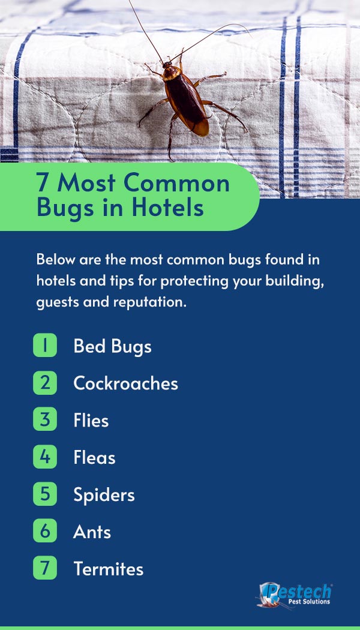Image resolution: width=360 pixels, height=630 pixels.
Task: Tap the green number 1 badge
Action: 45,346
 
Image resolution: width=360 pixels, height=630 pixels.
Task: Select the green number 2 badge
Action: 45,383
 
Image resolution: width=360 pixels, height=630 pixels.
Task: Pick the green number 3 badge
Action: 45,419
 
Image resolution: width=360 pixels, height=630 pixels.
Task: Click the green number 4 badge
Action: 45,457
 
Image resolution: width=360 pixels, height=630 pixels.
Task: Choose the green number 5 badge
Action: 45,493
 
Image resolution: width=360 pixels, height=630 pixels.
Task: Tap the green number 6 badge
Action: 45,530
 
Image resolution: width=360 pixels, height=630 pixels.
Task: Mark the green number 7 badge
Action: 45,568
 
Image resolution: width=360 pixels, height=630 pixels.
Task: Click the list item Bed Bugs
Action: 113,347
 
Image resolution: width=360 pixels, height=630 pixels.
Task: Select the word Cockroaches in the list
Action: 126,383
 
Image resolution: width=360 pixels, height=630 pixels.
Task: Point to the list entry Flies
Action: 91,421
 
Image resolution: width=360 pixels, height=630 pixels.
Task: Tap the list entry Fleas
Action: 94,458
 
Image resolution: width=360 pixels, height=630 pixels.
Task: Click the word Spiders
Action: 104,495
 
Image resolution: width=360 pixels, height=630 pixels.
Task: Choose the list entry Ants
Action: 92,532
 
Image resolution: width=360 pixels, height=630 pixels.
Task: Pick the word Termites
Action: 109,569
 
